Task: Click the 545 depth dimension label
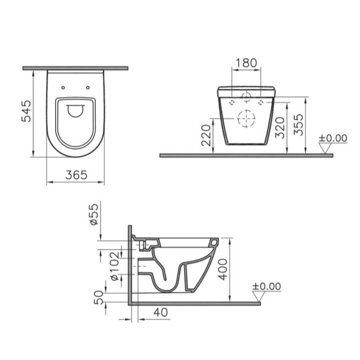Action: [x=26, y=111]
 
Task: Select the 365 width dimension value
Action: [x=76, y=175]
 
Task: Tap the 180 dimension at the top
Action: [x=246, y=63]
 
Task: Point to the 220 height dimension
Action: [x=206, y=135]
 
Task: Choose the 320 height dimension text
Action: [x=280, y=128]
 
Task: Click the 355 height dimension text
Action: [x=298, y=125]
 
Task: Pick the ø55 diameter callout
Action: [x=94, y=215]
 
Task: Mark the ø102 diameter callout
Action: [x=115, y=266]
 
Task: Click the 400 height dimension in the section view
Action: [x=222, y=269]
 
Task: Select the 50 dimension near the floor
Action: [x=99, y=297]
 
